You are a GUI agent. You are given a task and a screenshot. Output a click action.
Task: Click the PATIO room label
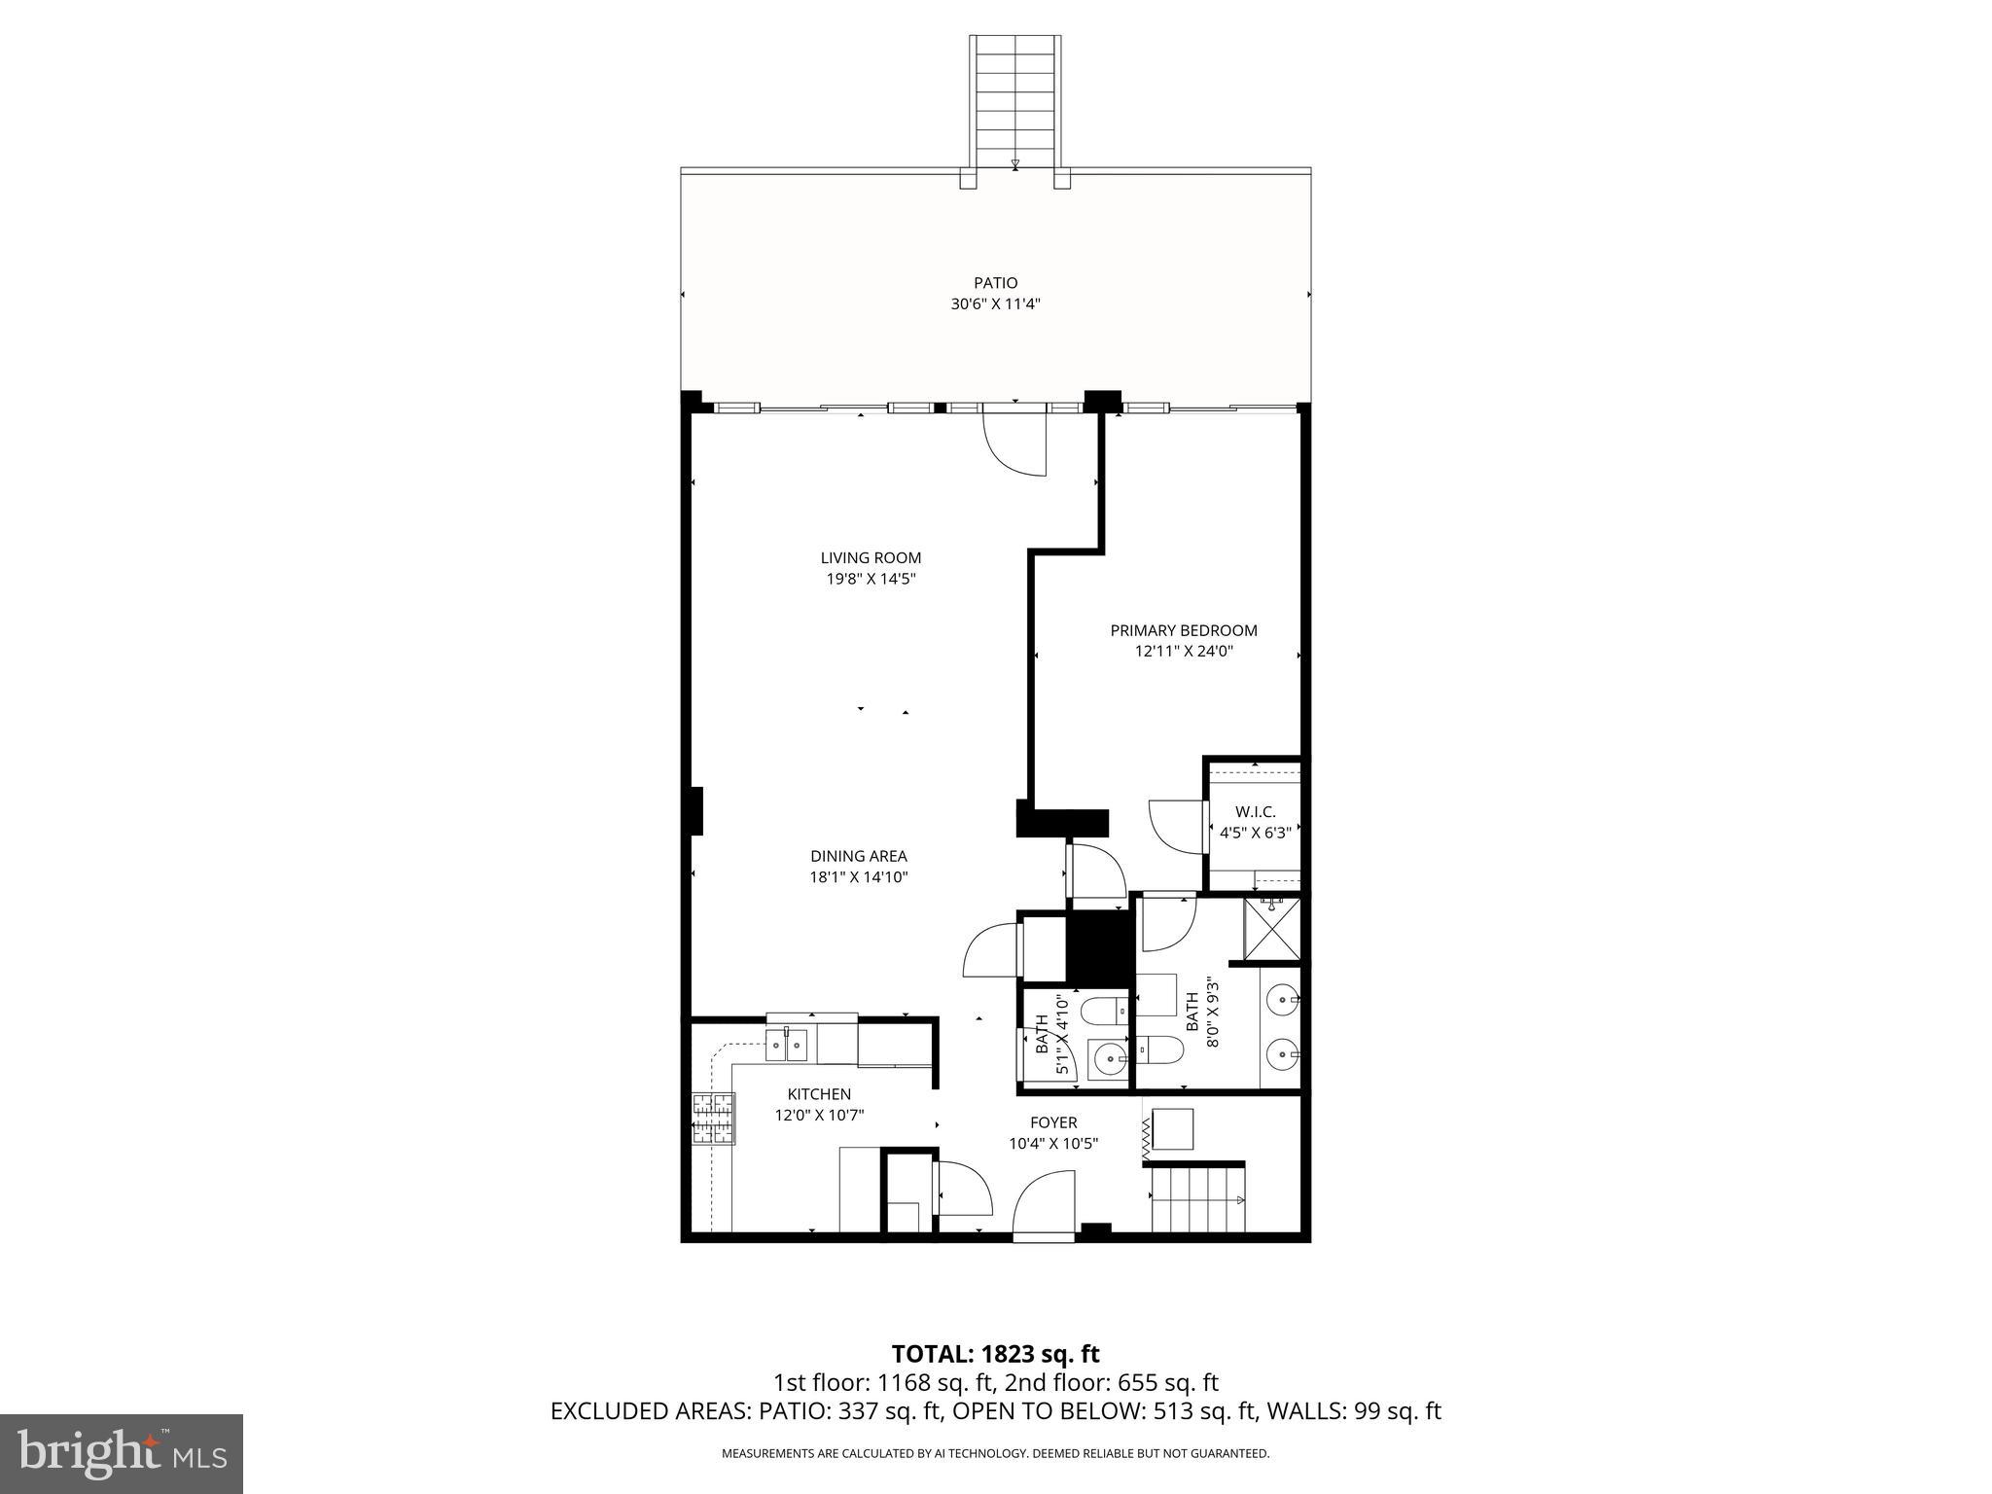pos(995,283)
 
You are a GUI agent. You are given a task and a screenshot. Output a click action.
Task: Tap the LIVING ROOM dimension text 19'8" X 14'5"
pos(871,579)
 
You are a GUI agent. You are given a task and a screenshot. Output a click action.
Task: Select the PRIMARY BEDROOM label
pos(1184,630)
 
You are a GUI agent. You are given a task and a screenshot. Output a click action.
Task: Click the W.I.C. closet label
pos(1255,811)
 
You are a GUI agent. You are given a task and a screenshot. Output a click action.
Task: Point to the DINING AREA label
pos(858,856)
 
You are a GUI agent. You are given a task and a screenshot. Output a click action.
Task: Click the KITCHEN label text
pos(819,1094)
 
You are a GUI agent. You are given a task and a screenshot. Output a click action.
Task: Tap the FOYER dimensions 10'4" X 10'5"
pos(1053,1144)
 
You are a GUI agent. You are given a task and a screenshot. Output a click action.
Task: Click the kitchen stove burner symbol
pos(712,1119)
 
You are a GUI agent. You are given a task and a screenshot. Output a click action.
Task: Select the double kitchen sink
pos(787,1046)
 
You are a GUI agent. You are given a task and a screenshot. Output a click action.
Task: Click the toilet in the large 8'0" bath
pos(1162,1049)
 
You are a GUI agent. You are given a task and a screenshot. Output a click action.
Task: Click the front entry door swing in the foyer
pos(1043,1204)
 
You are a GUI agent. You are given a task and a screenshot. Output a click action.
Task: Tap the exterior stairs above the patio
pos(1014,97)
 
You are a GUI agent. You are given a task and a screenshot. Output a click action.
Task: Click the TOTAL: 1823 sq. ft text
pos(995,1354)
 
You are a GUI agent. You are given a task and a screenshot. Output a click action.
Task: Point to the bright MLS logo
pos(121,1453)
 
